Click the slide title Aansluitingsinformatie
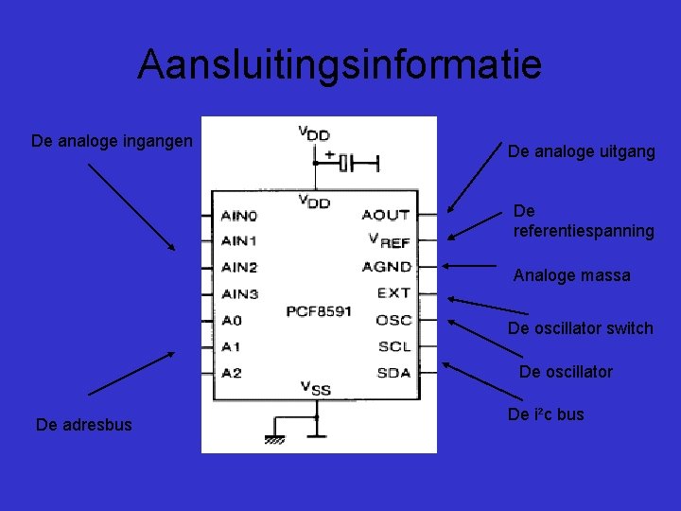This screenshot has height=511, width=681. coord(340,64)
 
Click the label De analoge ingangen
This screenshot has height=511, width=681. coord(112,141)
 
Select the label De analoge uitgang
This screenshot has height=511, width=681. coord(581,151)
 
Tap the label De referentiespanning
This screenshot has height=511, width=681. coord(583,220)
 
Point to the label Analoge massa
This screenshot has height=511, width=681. coord(571,276)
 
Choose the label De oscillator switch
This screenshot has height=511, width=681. coord(580,328)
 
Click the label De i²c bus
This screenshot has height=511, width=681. coord(546,414)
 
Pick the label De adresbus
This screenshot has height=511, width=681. coord(84,425)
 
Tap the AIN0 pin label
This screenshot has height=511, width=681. coord(238,216)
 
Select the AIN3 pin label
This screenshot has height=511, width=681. coord(238,294)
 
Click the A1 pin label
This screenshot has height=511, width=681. coord(231,346)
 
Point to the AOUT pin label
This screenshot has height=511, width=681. coord(386,216)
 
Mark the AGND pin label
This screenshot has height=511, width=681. coord(386,268)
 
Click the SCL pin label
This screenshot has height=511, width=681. coord(393,346)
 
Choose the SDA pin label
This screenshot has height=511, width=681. coord(393,372)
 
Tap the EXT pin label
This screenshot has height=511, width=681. coord(393,293)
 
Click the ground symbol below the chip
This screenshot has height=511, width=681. coord(275,438)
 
